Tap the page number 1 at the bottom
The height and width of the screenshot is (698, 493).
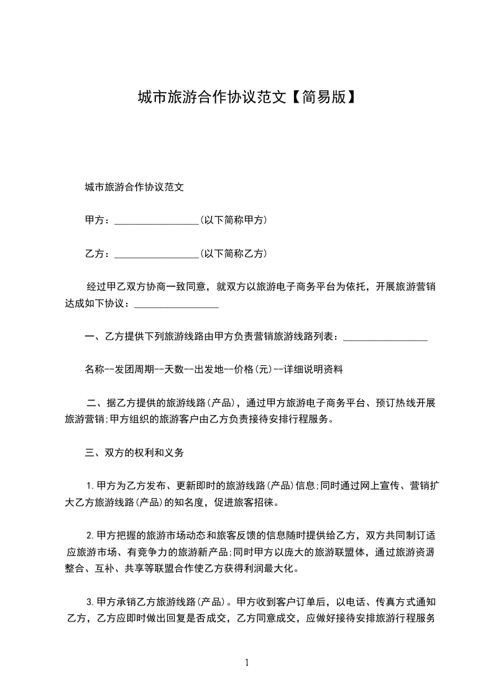point(247,663)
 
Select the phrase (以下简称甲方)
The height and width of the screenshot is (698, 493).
point(234,220)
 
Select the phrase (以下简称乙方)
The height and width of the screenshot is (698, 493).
point(234,254)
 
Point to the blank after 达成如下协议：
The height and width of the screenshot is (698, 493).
point(176,305)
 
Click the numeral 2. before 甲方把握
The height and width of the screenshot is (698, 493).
point(90,536)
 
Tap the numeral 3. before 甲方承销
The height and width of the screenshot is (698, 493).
point(90,602)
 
